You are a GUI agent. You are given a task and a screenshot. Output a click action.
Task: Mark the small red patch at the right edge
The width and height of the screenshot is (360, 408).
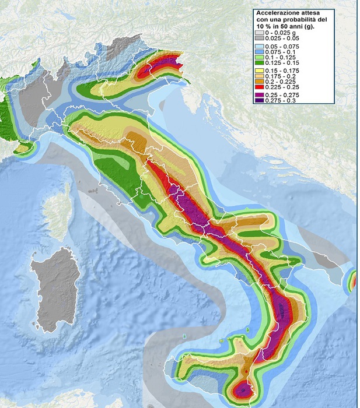[x=352, y=282]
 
